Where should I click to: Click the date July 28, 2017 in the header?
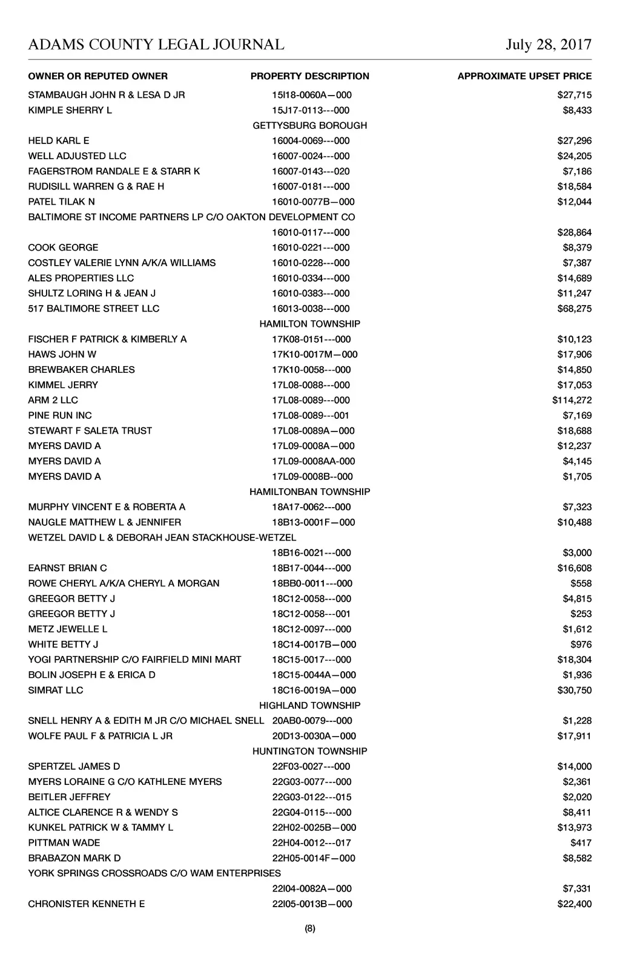point(549,44)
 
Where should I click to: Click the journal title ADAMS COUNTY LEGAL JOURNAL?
point(156,44)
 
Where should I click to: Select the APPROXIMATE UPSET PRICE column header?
point(524,76)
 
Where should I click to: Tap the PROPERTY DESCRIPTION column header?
point(309,76)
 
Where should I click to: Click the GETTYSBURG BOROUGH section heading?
point(309,125)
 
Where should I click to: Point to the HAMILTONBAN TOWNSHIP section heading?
point(309,491)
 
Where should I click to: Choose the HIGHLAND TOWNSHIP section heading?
point(309,705)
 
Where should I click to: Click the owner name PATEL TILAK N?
point(61,202)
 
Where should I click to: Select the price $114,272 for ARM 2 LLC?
point(572,400)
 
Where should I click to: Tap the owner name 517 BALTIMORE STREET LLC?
point(94,309)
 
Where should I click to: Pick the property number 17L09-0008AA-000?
point(314,461)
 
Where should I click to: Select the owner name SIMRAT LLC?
point(56,690)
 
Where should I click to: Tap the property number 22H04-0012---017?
point(311,842)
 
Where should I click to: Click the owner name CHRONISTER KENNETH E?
point(87,904)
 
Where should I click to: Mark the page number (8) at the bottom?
point(310,929)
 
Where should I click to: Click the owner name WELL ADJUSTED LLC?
point(77,156)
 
